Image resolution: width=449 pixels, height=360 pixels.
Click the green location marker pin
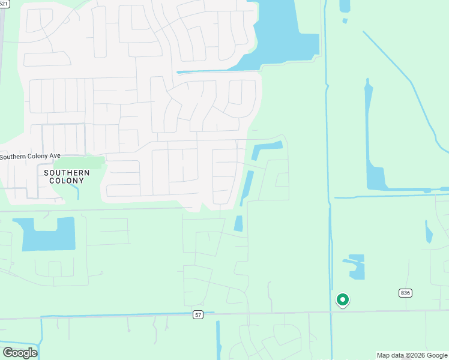coord(342,299)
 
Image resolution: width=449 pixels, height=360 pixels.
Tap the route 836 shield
coord(405,293)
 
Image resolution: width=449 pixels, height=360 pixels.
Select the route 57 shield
coord(198,314)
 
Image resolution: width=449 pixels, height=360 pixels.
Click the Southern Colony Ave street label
coord(30,157)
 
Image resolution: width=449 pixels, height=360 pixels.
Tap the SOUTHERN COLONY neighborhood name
coord(67,177)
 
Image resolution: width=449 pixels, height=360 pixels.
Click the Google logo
coord(20,353)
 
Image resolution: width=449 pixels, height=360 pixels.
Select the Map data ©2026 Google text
coord(412,355)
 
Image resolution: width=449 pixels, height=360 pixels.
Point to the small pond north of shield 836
coord(429,232)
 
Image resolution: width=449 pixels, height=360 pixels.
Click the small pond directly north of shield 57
coord(238,223)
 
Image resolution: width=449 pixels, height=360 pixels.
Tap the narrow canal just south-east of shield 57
coord(218,339)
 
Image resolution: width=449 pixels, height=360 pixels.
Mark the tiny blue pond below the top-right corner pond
coord(345,21)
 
